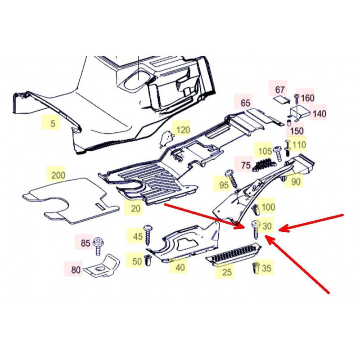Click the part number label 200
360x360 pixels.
point(58,175)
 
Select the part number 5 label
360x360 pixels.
point(53,124)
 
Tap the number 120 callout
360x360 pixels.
point(183,130)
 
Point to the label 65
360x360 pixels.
point(245,103)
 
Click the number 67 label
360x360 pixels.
point(279,90)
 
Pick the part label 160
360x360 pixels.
point(307,98)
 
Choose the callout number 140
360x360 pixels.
point(319,114)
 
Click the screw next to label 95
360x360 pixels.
point(233,179)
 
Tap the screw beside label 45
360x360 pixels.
point(148,234)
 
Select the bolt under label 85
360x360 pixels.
point(98,246)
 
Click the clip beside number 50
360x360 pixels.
point(148,261)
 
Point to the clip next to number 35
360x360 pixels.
point(256,268)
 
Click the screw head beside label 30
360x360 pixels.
point(256,224)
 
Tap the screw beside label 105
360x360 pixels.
point(278,153)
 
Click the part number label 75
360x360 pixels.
point(245,165)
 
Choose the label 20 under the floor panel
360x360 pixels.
point(135,208)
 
